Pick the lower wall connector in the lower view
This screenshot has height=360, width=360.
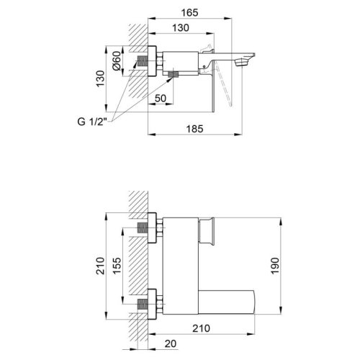[152, 302]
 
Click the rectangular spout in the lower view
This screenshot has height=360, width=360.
[230, 300]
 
